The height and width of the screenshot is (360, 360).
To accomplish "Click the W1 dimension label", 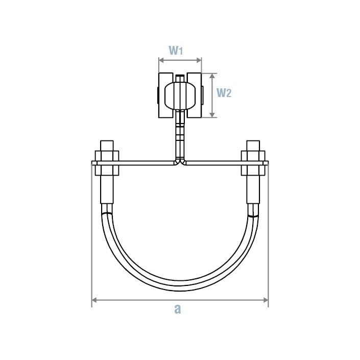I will click(x=176, y=51).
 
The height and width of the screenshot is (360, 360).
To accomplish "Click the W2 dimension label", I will click(x=224, y=93).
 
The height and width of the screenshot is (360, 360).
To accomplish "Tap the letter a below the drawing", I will click(x=177, y=309).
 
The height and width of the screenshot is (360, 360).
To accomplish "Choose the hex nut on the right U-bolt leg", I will click(x=253, y=155).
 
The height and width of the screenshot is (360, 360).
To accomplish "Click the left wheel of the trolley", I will click(x=165, y=95).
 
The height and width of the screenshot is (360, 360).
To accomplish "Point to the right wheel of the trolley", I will click(x=195, y=95).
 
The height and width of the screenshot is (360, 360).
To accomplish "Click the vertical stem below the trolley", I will click(x=180, y=135).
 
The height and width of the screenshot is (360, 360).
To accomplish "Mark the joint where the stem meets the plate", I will click(x=180, y=162).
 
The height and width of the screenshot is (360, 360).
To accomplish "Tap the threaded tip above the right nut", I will click(x=253, y=144).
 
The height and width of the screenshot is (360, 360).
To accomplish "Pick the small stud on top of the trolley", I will click(x=180, y=78).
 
